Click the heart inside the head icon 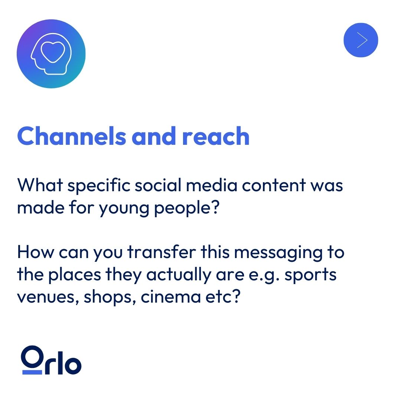tap(50, 52)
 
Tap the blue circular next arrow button tap(361, 40)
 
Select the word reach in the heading tap(216, 136)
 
